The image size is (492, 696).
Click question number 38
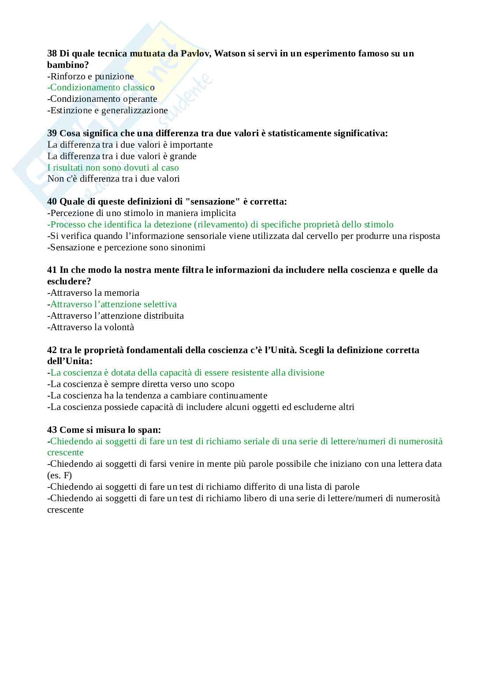pyautogui.click(x=52, y=54)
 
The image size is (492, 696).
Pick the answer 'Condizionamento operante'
pyautogui.click(x=102, y=99)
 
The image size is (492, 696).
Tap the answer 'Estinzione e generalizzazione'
pyautogui.click(x=108, y=111)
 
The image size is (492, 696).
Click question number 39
pyautogui.click(x=52, y=134)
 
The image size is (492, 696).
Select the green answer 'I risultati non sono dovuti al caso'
pyautogui.click(x=113, y=167)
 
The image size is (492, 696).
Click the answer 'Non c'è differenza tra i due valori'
pyautogui.click(x=113, y=179)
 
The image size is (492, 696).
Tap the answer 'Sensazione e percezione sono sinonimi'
pyautogui.click(x=126, y=247)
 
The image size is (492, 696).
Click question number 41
pyautogui.click(x=52, y=270)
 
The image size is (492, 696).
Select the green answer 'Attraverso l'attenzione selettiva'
pyautogui.click(x=112, y=305)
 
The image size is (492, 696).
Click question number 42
pyautogui.click(x=52, y=350)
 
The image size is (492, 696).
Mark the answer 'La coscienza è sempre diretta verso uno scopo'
pyautogui.click(x=141, y=384)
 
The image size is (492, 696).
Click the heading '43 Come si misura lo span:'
pyautogui.click(x=104, y=430)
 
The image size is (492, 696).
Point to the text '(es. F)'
pyautogui.click(x=60, y=476)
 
